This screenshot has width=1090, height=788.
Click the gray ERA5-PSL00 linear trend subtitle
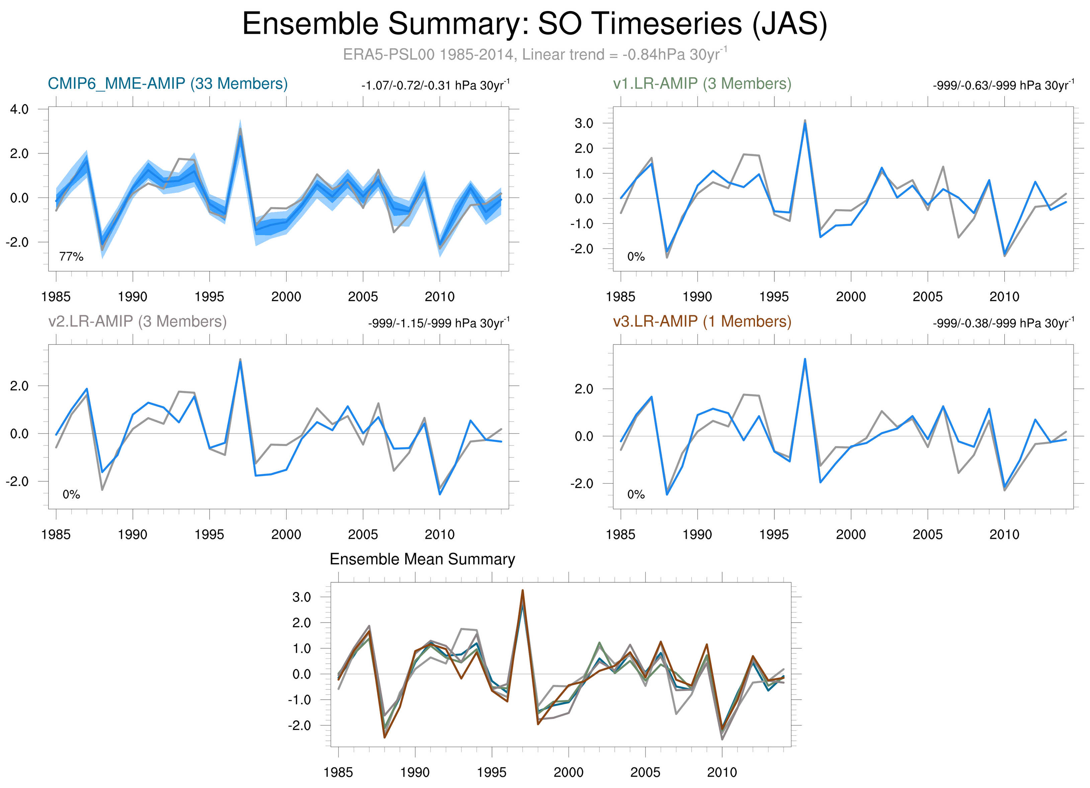[534, 54]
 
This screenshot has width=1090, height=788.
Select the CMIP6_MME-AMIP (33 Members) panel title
[168, 84]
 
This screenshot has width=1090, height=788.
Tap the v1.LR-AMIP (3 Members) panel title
[702, 84]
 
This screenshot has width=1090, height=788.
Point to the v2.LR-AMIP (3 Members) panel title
[138, 321]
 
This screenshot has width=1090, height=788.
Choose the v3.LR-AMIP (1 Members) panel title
[702, 321]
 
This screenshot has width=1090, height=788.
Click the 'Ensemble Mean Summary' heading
[422, 559]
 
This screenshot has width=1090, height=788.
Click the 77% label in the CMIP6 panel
[71, 257]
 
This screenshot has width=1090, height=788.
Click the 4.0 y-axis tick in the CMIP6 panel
[19, 109]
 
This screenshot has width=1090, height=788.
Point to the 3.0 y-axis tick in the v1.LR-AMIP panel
[584, 123]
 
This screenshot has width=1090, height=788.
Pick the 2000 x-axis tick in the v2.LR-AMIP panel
[286, 534]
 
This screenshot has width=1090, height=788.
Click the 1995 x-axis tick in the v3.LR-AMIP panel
[774, 534]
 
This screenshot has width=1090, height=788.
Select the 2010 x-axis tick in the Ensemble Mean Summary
[722, 772]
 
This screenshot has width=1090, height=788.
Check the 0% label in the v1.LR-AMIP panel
[636, 257]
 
